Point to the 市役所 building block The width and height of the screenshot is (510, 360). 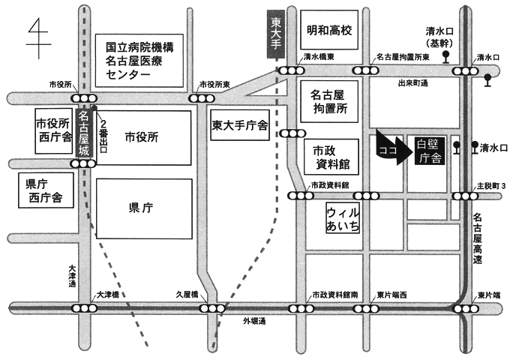coord(142,137)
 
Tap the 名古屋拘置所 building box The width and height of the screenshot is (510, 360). coord(328,102)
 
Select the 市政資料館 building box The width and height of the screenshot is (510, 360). coord(328,157)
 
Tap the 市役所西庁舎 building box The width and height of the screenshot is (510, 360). coord(53,131)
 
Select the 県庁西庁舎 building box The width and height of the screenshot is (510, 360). coord(44,190)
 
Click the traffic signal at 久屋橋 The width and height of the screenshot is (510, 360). coord(213,307)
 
